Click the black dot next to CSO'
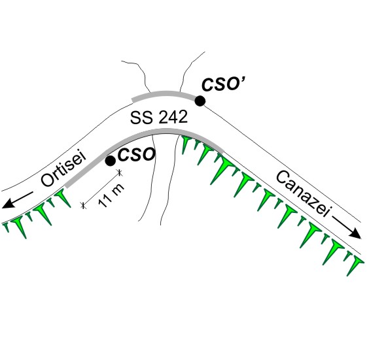coord(200,101)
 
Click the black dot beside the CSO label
coord(111,161)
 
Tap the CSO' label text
coord(224,84)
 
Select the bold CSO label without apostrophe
coord(137,154)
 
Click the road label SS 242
coord(159,117)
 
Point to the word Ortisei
coord(63,169)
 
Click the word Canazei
coord(304,193)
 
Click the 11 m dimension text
coord(111,195)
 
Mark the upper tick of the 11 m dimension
coord(120,172)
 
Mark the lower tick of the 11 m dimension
coord(83,205)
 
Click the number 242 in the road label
coord(173,117)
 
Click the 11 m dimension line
coord(101,189)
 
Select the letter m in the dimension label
coord(118,189)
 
